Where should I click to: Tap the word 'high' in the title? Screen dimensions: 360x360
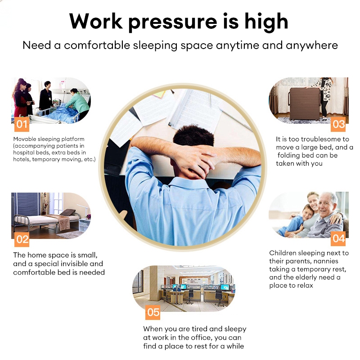tap(266, 22)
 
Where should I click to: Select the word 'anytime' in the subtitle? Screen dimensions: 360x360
tap(238, 46)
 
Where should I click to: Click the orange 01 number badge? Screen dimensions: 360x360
tap(22, 124)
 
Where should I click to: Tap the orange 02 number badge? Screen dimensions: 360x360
tap(22, 239)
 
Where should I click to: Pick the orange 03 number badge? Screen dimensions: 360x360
tap(338, 124)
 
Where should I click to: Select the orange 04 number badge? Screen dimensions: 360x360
tap(338, 238)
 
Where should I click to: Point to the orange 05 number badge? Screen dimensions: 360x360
tap(153, 312)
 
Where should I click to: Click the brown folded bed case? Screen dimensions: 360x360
tap(304, 103)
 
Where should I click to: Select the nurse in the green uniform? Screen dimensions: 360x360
tap(77, 103)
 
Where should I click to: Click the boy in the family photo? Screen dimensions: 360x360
tap(296, 220)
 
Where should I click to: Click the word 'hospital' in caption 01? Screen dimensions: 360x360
tap(22, 153)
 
